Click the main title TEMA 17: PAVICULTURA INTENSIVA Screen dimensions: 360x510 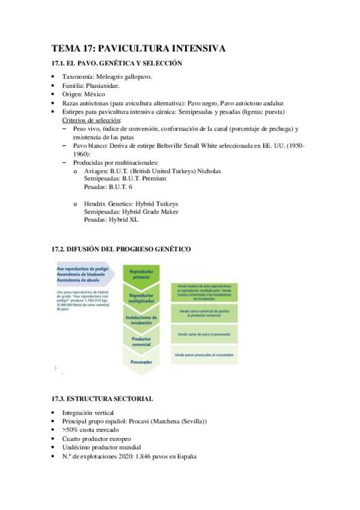coord(138,49)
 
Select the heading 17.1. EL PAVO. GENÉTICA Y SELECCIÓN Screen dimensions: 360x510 coord(117,64)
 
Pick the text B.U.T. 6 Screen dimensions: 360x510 coord(121,187)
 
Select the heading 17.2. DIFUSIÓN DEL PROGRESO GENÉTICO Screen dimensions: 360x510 coord(121,248)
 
